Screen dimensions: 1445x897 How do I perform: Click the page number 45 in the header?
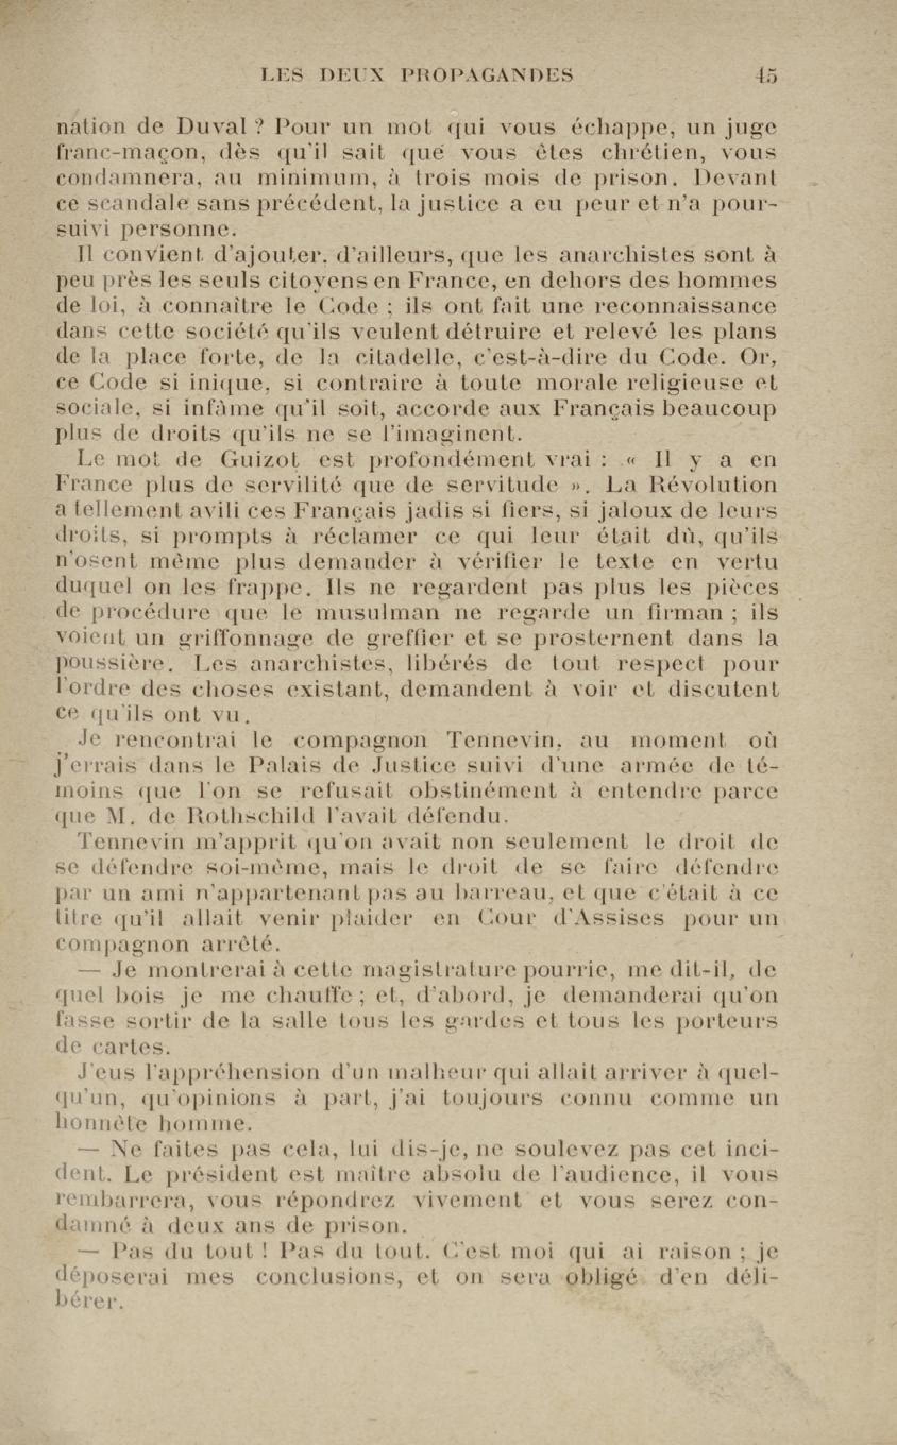coord(765,75)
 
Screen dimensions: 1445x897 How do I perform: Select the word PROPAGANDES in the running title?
coord(487,75)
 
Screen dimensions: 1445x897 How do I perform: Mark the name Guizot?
coord(259,460)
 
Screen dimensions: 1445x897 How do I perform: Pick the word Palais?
coord(284,766)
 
